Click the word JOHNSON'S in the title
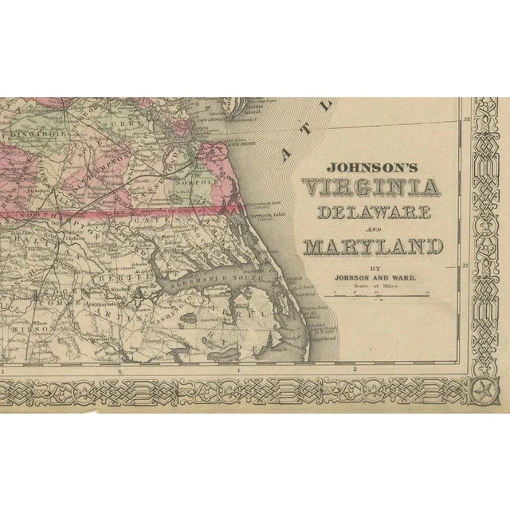pyautogui.click(x=372, y=169)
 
